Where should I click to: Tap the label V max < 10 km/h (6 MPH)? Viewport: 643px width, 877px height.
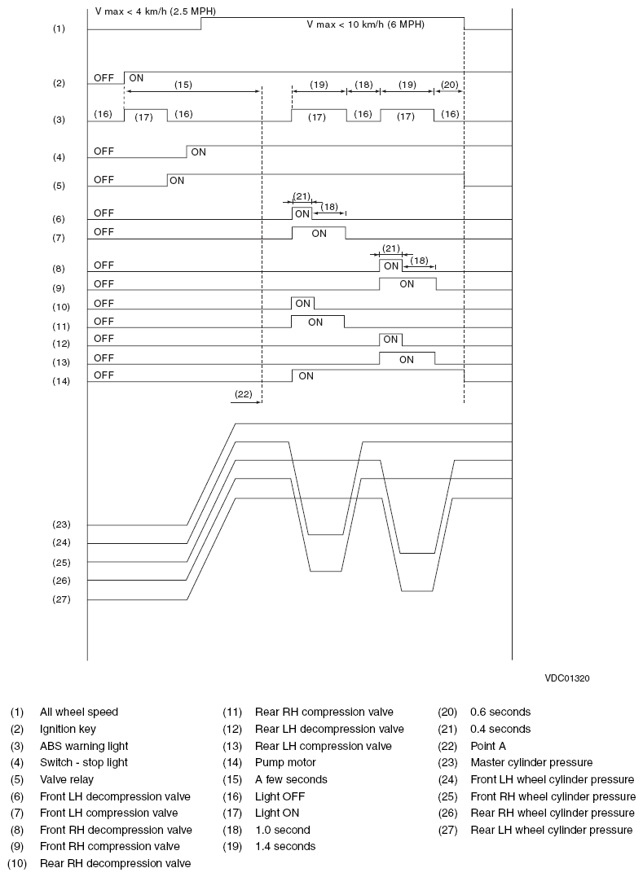coord(365,24)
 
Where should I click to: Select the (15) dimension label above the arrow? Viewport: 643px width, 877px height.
coord(183,84)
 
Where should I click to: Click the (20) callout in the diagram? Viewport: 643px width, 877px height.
coord(449,84)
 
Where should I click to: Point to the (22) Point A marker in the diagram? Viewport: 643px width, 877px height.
coord(243,393)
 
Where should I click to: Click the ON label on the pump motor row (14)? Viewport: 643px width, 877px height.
coord(306,376)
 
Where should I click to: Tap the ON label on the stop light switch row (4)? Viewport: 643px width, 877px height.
coord(198,151)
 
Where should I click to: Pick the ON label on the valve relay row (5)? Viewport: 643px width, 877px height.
coord(177,181)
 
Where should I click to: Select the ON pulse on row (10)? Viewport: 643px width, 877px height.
coord(303,304)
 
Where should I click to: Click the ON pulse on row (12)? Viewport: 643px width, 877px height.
coord(390,340)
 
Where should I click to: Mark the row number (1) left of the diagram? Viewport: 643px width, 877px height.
coord(58,29)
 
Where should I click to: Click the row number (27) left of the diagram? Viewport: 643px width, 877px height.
coord(61,599)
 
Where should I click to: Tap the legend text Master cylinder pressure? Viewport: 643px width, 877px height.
coord(531,762)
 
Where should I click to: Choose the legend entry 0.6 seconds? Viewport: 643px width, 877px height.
coord(500,712)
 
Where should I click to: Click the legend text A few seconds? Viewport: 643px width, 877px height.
coord(291,779)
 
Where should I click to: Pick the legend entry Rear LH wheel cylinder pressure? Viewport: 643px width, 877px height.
coord(551,830)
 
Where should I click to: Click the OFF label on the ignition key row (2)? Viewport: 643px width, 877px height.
coord(103,78)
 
